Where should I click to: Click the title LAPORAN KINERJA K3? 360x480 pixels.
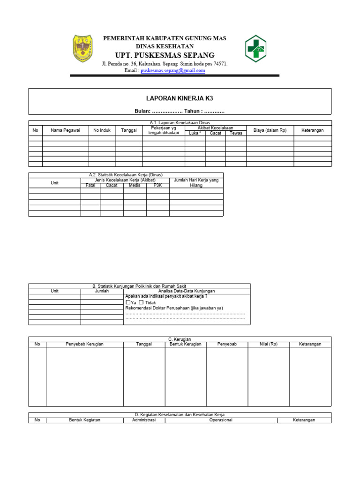(x=180, y=98)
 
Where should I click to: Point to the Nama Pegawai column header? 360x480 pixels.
(x=66, y=130)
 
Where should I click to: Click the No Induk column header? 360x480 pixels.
(x=102, y=130)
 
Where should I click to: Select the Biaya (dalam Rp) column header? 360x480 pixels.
(x=270, y=130)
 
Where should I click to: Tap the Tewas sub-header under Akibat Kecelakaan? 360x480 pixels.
(x=236, y=133)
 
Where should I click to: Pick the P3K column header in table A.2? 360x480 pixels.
(x=158, y=185)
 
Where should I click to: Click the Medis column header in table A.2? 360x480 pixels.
(x=135, y=185)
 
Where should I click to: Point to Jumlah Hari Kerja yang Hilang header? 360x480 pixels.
(x=196, y=183)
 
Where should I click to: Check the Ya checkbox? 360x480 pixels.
(x=128, y=303)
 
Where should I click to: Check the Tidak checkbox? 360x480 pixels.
(x=141, y=303)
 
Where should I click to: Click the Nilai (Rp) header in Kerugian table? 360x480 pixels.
(x=269, y=344)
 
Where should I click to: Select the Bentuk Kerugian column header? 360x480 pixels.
(x=185, y=344)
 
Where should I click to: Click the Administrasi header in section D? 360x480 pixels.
(x=144, y=420)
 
